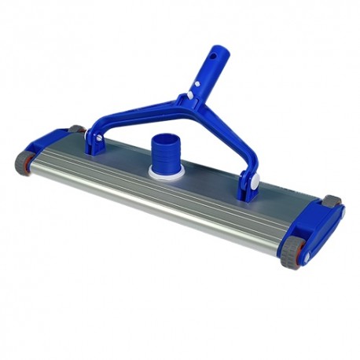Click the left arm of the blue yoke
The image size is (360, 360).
pyautogui.click(x=113, y=123)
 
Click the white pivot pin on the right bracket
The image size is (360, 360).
pyautogui.click(x=255, y=182)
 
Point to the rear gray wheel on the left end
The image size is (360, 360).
pyautogui.click(x=75, y=129)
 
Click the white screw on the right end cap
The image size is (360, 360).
pyautogui.click(x=310, y=255)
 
